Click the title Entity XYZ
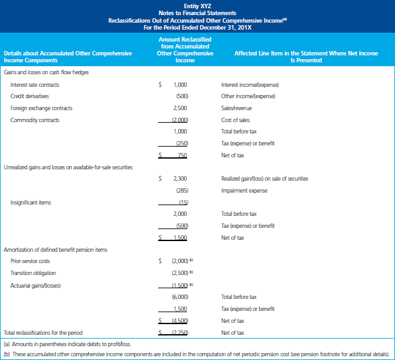pos(197,5)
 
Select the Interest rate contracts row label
pos(35,84)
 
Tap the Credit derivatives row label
pos(30,96)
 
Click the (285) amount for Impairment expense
pos(181,191)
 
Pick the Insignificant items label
pos(31,203)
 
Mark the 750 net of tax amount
pos(181,155)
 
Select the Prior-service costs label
pos(30,261)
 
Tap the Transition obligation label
pos(33,273)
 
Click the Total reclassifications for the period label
pos(43,332)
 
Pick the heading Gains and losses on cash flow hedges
pos(46,72)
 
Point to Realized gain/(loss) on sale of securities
pos(265,179)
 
